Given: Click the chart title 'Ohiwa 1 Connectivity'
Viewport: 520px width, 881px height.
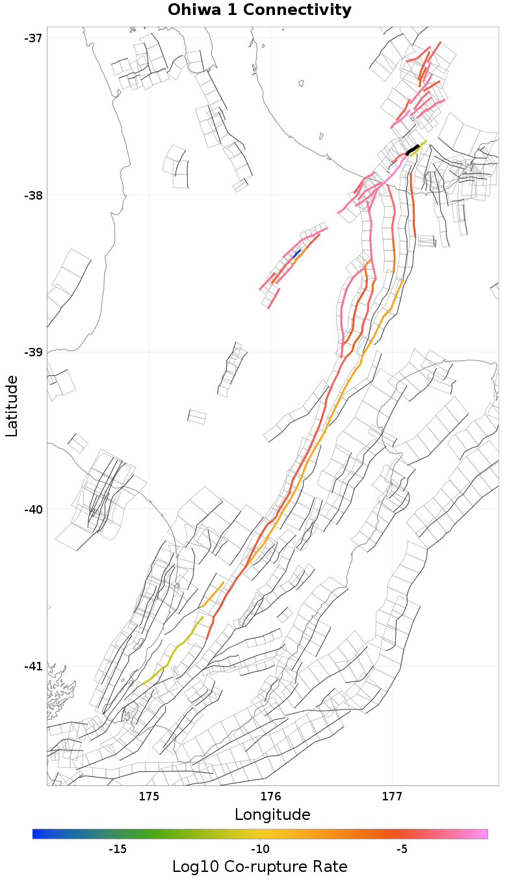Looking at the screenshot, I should pyautogui.click(x=259, y=10).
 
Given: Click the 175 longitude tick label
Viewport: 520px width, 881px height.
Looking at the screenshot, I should pyautogui.click(x=149, y=797).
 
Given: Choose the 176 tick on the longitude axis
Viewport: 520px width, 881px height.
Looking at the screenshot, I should pyautogui.click(x=270, y=797).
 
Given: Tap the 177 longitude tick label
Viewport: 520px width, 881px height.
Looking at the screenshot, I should pyautogui.click(x=392, y=797).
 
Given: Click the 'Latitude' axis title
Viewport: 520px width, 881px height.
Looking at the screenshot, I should pyautogui.click(x=12, y=406).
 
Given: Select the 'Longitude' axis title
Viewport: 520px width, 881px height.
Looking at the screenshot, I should pyautogui.click(x=272, y=815).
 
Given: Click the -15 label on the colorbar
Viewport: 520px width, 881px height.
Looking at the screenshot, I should pyautogui.click(x=117, y=849).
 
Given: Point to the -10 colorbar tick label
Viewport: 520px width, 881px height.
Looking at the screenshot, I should pyautogui.click(x=260, y=849).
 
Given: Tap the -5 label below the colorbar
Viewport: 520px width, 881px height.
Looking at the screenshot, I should pyautogui.click(x=402, y=849).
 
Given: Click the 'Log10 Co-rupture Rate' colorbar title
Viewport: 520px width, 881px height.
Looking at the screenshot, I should pyautogui.click(x=259, y=867).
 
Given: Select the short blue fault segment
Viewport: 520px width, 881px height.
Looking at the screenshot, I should pyautogui.click(x=298, y=252).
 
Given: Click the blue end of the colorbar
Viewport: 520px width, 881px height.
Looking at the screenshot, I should pyautogui.click(x=36, y=834).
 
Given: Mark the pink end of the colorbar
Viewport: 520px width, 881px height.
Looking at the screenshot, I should pyautogui.click(x=484, y=834).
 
